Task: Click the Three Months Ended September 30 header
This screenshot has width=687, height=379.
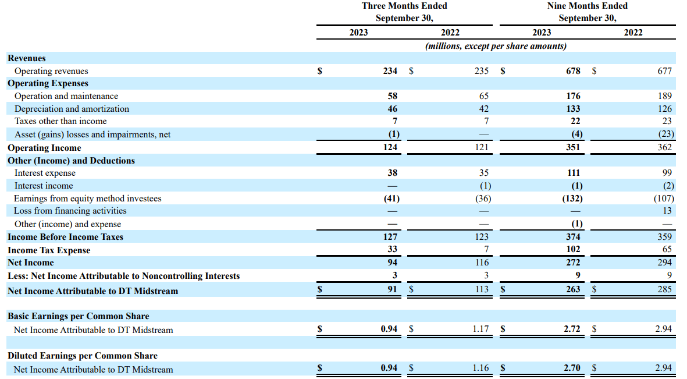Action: pos(404,12)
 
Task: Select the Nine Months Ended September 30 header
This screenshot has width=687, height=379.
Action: pos(587,12)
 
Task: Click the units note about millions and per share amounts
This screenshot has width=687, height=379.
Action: pos(496,46)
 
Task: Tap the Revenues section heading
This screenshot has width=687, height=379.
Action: pos(27,58)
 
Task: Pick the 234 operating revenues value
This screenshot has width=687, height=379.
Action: pos(390,70)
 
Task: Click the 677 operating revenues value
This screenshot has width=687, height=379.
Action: pos(665,70)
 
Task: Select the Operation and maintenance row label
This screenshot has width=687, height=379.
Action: pos(66,96)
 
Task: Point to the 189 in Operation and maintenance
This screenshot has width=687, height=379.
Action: pos(665,95)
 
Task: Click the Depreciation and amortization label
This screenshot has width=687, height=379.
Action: pos(72,109)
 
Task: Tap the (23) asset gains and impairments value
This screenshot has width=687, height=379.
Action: pos(666,134)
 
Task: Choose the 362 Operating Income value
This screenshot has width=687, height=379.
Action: pos(665,147)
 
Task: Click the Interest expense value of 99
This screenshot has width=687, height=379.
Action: pos(667,173)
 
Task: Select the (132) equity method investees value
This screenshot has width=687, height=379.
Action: pos(572,199)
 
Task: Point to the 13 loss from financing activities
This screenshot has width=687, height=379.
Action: pos(667,211)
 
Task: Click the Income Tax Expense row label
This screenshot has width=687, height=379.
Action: pos(49,250)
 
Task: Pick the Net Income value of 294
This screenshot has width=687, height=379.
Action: pos(665,263)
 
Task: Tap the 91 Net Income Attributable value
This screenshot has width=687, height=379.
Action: pos(392,289)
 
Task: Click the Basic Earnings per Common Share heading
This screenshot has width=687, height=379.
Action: pos(79,316)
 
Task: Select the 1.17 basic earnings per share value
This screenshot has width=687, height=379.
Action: pos(480,328)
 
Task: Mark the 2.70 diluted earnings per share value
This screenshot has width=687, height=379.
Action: pos(572,367)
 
